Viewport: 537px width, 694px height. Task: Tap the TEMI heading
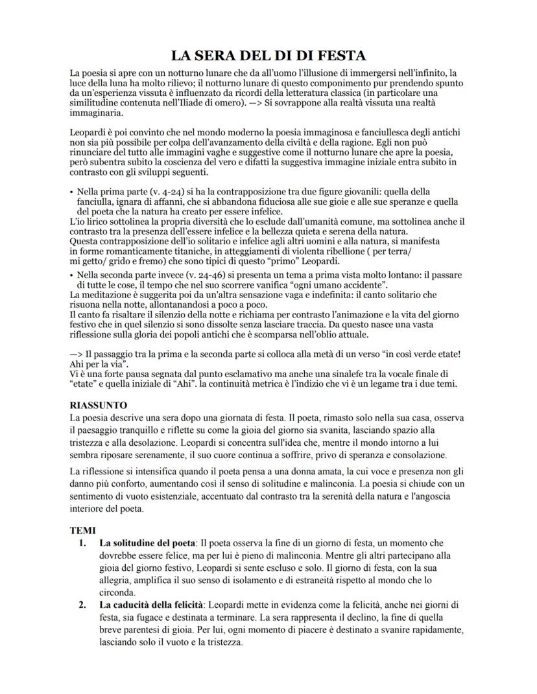[82, 529]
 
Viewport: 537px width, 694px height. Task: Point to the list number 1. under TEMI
[82, 542]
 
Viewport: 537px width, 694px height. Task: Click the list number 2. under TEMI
[82, 605]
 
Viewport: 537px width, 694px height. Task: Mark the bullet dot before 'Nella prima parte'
[71, 192]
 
